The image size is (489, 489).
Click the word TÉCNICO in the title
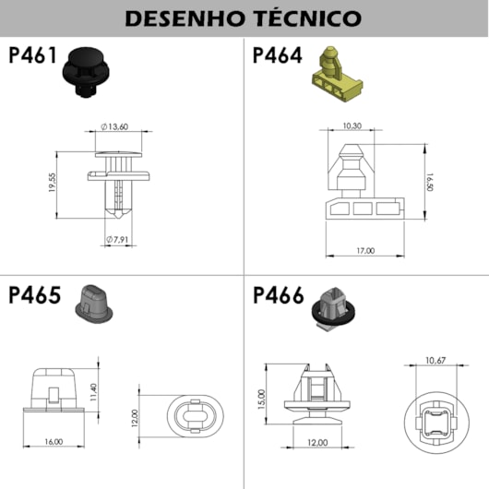pos(307,18)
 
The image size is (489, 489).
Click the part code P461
pos(32,55)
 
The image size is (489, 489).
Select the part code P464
pos(277,55)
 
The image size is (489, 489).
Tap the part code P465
pos(35,295)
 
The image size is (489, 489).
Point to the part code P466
pos(279,295)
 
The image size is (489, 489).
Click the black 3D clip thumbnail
pos(86,72)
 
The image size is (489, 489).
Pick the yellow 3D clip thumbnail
pos(337,74)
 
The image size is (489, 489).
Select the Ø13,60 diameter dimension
pos(114,126)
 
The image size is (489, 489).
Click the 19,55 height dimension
pos(53,183)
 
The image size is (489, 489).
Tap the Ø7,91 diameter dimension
pos(117,240)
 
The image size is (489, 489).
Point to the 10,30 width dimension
pos(352,125)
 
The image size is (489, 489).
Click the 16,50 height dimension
pos(430,183)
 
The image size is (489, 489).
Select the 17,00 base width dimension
pos(365,250)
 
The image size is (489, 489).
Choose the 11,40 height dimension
pos(93,392)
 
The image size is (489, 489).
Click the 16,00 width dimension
pos(54,442)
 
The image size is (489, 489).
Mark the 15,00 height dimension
pos(262,400)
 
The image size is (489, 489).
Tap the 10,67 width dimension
pos(435,361)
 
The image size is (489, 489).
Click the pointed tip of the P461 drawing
pos(117,218)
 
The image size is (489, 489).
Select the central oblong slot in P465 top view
pos(196,416)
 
